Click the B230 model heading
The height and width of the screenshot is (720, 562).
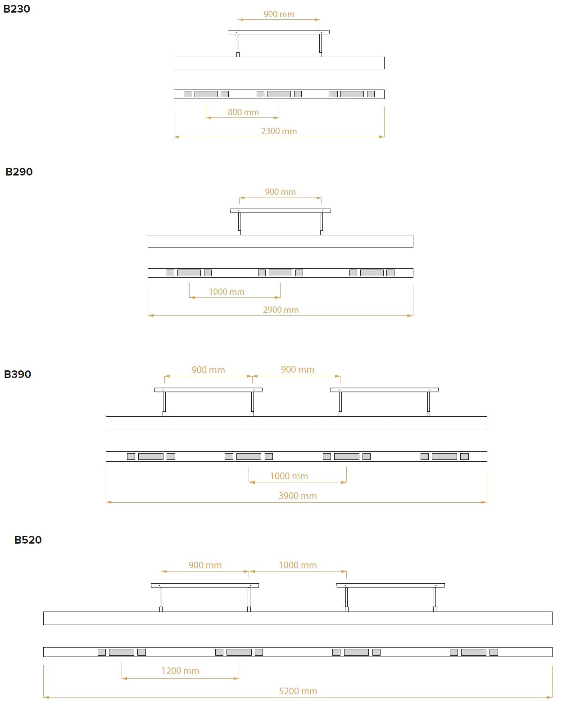click(x=17, y=9)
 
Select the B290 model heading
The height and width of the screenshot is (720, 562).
click(x=19, y=171)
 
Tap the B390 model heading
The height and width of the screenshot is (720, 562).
click(x=18, y=374)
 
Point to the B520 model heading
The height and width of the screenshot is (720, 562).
click(x=28, y=540)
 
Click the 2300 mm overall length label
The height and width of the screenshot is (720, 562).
click(x=279, y=131)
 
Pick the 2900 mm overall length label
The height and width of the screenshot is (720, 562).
click(x=281, y=310)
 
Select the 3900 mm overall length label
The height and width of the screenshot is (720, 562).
click(x=297, y=496)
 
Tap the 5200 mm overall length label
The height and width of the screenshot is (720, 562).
click(x=298, y=691)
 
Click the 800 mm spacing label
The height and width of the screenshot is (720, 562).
click(x=243, y=112)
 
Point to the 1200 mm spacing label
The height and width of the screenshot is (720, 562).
click(x=181, y=671)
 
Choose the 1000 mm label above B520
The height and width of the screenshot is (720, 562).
click(x=298, y=565)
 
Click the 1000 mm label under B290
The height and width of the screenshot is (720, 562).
click(x=227, y=292)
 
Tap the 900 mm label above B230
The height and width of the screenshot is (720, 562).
click(x=279, y=14)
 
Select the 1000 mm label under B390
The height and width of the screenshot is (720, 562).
click(x=289, y=476)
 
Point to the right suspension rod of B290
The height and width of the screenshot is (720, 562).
click(x=322, y=224)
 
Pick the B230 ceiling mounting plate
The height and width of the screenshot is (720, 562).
click(x=279, y=32)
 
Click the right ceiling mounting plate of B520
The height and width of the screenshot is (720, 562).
click(x=390, y=585)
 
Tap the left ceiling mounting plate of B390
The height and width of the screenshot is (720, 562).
click(x=208, y=390)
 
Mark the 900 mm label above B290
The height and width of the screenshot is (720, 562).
click(x=280, y=192)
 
